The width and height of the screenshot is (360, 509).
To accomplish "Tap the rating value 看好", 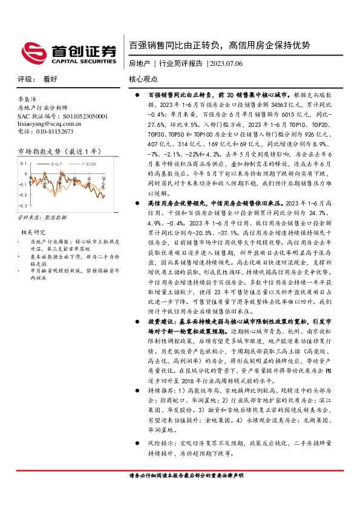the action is coord(50,79).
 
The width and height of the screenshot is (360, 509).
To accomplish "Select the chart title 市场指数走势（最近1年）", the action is coord(55,151).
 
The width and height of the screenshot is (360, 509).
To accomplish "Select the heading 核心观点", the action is coord(143,79).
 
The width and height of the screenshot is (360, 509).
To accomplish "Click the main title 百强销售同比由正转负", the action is coord(175,45).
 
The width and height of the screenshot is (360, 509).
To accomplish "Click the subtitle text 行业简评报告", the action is coord(180,63).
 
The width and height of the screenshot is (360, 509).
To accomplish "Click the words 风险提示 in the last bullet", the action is coord(159,443).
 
